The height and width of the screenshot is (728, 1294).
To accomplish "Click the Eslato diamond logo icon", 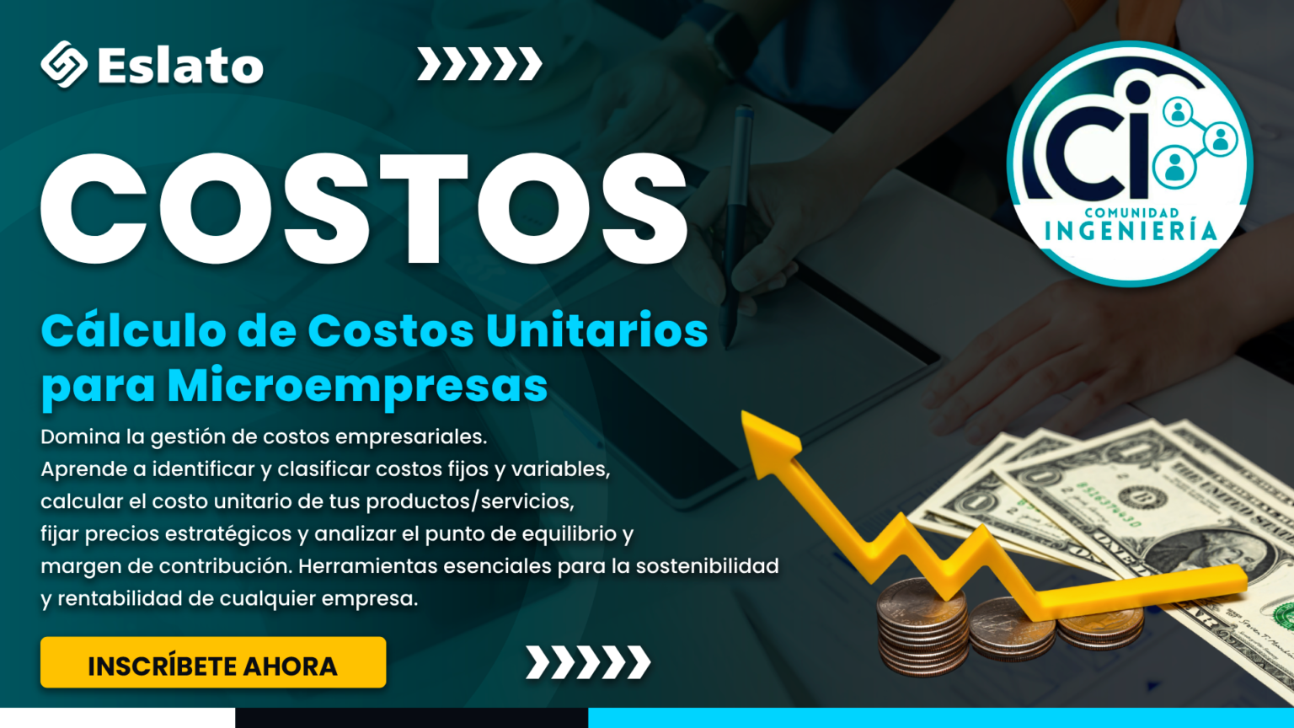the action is [64, 64].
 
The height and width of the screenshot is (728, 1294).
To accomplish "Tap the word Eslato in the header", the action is [181, 65].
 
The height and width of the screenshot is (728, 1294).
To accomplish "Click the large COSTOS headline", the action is [364, 208].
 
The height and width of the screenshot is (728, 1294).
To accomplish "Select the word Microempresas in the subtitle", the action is [357, 386].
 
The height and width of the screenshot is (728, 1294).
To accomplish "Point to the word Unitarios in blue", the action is [596, 331].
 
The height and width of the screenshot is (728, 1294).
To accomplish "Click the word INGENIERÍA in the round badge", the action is [1131, 231].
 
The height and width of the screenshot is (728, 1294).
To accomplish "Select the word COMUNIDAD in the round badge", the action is [1131, 212].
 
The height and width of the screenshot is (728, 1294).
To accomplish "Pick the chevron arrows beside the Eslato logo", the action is [479, 63].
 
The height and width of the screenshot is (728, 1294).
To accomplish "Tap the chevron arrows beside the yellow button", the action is [588, 662].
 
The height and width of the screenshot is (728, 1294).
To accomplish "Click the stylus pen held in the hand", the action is [736, 225].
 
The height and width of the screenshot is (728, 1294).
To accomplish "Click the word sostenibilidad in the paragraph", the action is [708, 565].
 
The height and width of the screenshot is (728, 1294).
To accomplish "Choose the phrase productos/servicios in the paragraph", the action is [470, 502].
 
